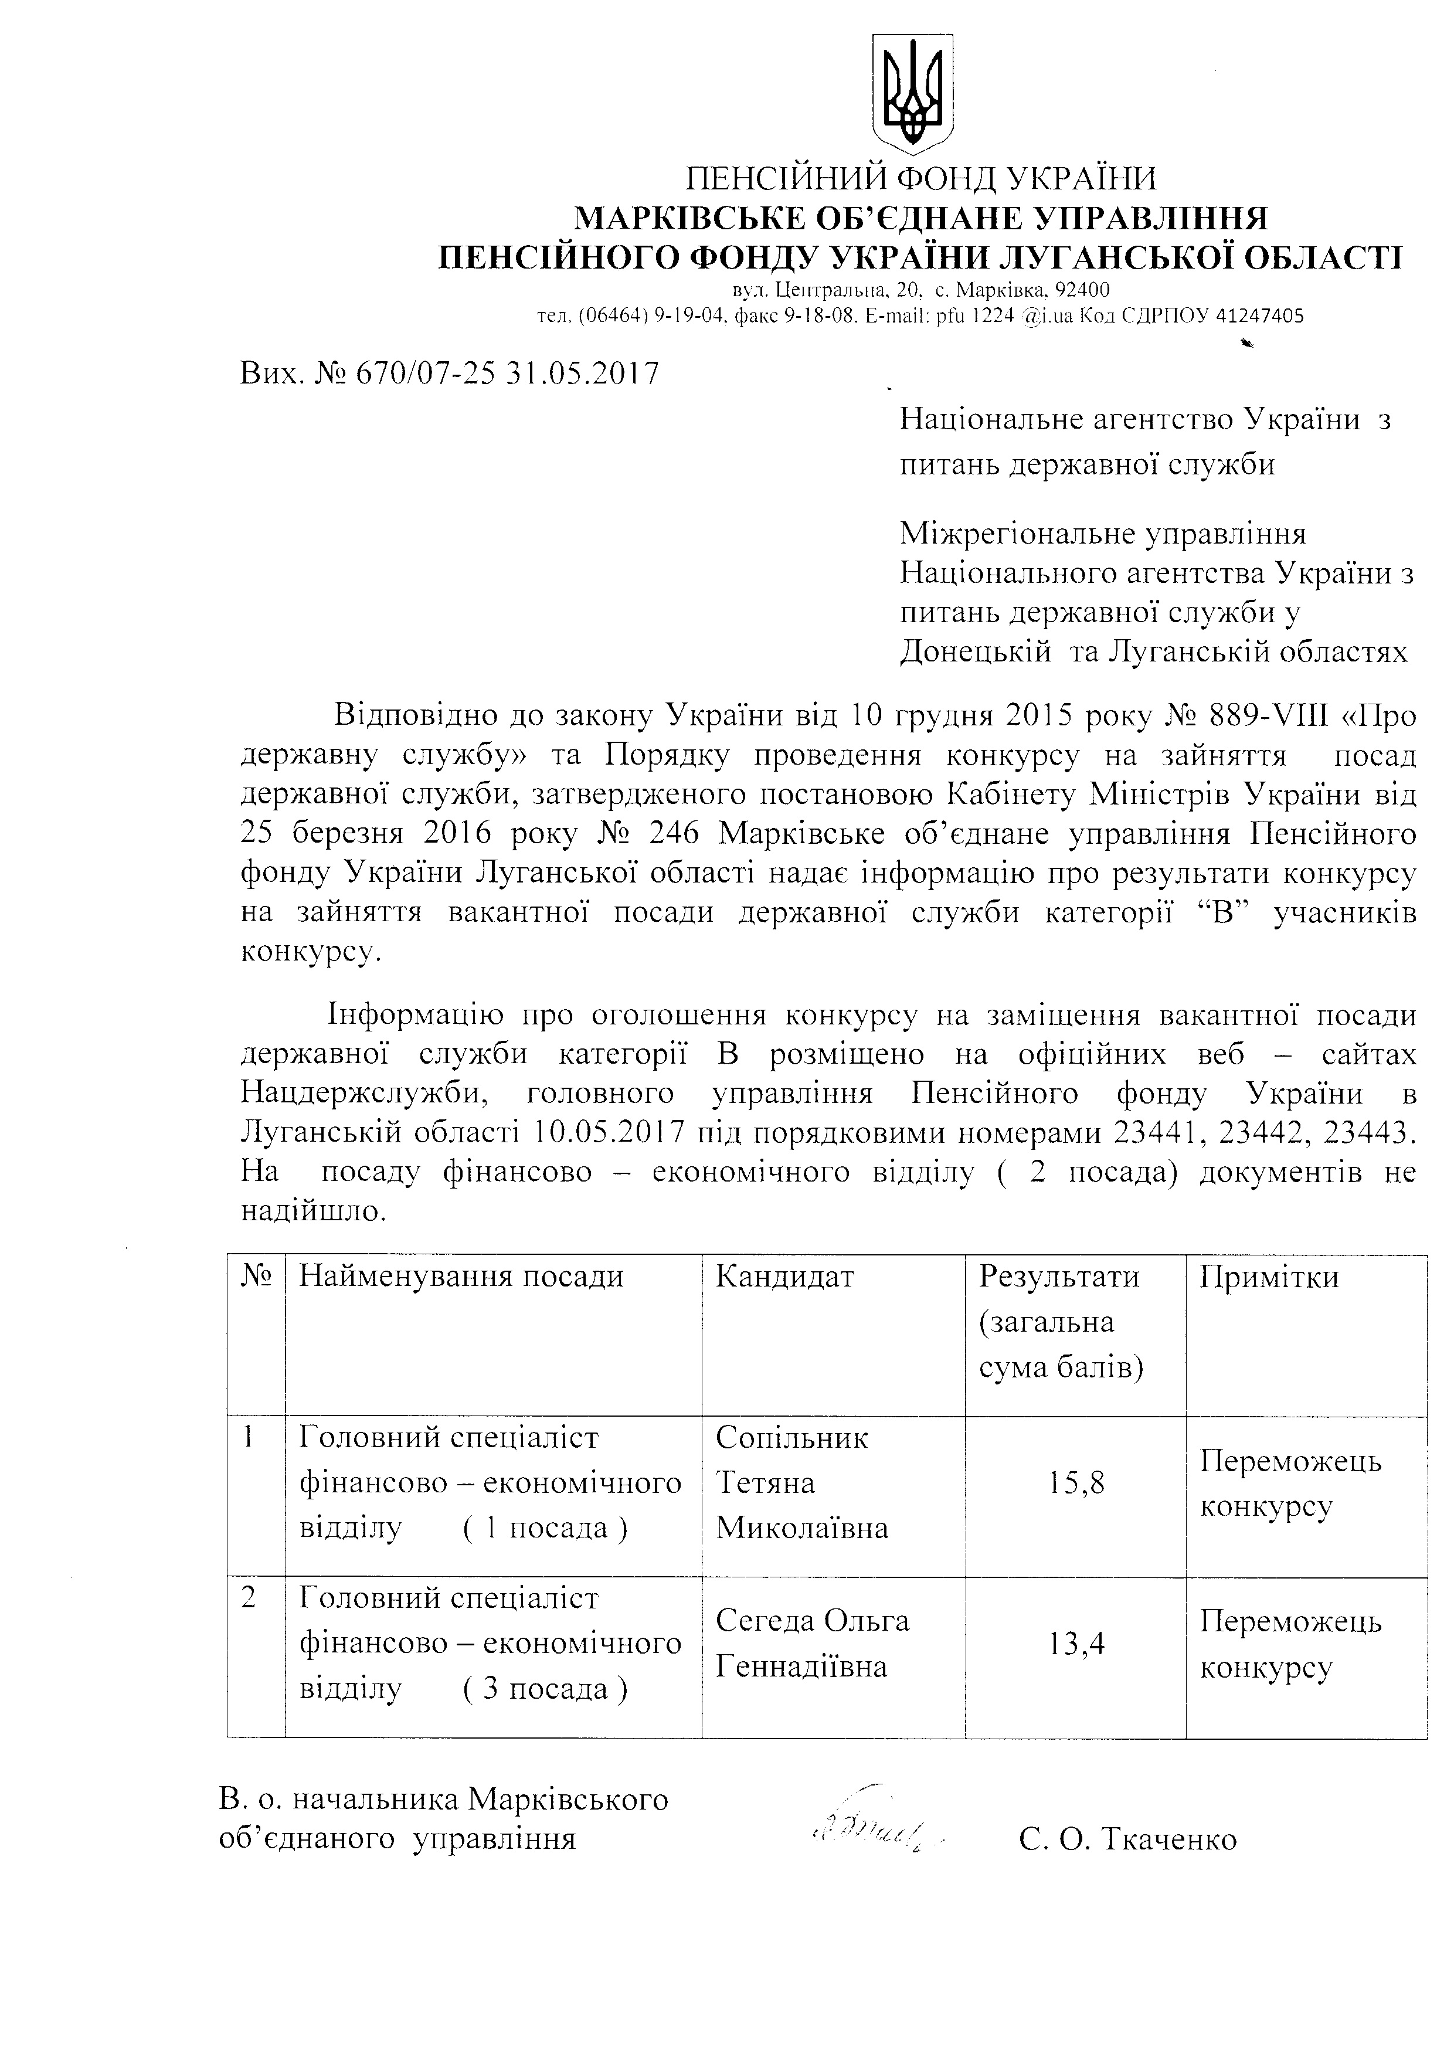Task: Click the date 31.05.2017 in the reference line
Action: (582, 373)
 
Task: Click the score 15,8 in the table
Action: (1076, 1483)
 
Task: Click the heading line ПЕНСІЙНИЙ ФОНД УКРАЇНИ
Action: (920, 179)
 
